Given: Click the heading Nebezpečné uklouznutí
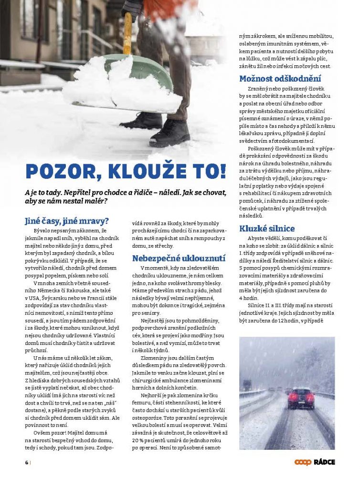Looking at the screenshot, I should pos(179,258).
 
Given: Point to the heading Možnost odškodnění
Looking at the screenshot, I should pos(280,79).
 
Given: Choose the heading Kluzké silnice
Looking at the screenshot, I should pos(267,228).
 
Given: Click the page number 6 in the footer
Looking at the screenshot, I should pos(27,462).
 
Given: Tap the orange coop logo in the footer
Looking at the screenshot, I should pos(303,462).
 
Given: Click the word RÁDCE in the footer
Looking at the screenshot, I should pos(325,462).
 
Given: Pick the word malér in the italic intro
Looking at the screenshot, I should pos(95,201).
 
